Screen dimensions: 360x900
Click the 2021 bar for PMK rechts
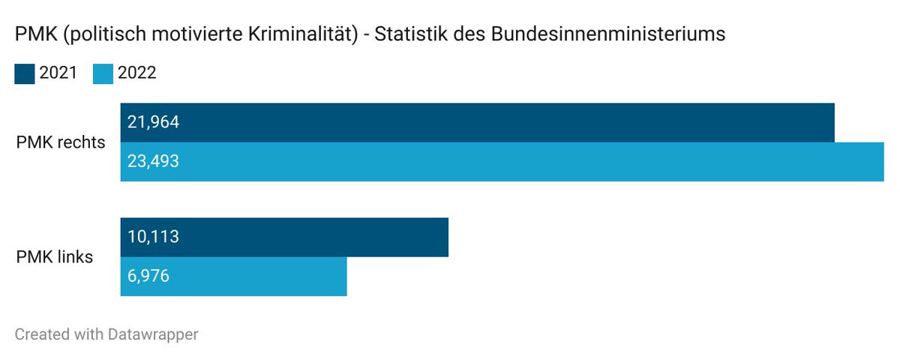(477, 122)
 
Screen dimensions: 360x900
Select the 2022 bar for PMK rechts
(502, 161)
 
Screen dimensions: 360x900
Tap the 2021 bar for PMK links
(284, 237)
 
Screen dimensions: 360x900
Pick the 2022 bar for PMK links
(233, 276)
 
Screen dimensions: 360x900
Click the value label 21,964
(153, 122)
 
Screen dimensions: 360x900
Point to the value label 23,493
(153, 161)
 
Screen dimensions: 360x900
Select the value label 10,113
(153, 237)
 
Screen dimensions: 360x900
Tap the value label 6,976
(148, 276)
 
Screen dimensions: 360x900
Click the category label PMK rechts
(61, 142)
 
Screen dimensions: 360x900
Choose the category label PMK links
(55, 256)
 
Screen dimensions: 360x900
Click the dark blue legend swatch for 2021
(25, 73)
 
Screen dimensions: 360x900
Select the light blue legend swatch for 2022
(103, 73)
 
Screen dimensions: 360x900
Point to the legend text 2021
(58, 73)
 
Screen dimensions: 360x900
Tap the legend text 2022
(137, 73)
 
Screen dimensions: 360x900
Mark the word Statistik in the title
(412, 34)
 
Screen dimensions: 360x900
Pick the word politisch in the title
(88, 34)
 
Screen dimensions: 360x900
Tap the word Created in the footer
(39, 334)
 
